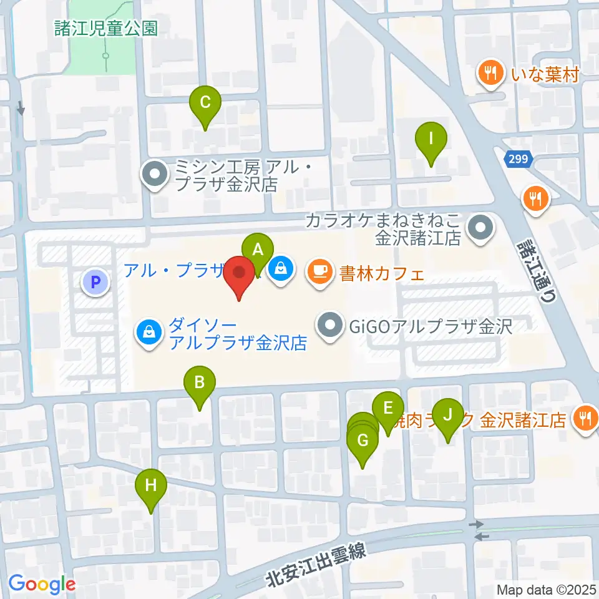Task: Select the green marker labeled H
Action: coord(151,486)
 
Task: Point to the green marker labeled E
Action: coord(387,409)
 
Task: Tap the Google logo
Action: coord(42,584)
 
